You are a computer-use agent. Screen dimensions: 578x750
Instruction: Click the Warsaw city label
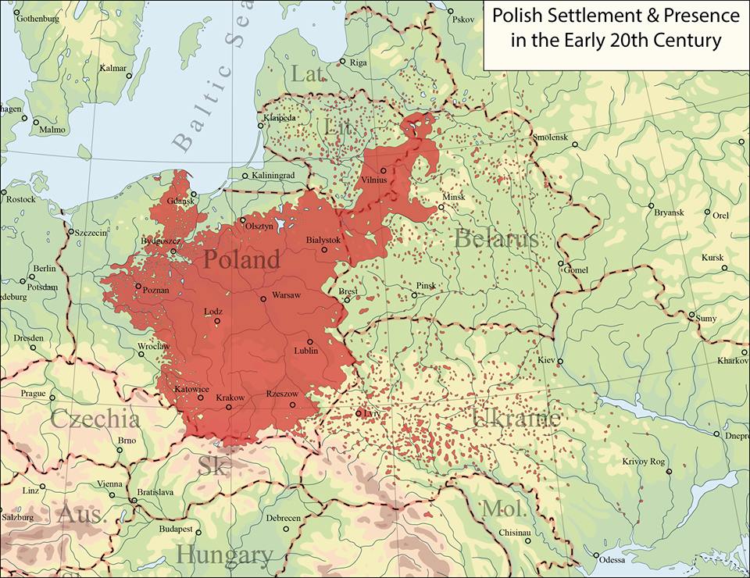coord(285,296)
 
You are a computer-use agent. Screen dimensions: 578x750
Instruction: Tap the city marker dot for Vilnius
coord(383,169)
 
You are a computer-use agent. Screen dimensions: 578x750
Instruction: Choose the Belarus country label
coord(497,238)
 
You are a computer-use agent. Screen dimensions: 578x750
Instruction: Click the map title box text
coord(615,28)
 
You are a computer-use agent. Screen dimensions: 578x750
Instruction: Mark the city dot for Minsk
coord(441,207)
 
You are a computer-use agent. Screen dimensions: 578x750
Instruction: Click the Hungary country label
coord(223,555)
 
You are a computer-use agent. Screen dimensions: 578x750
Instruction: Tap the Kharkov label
coord(733,361)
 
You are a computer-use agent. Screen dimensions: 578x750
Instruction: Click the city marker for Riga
coord(342,60)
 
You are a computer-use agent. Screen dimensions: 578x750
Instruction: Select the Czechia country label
coord(95,419)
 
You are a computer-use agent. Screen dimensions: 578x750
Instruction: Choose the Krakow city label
coord(230,398)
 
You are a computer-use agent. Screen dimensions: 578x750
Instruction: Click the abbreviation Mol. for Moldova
coord(505,509)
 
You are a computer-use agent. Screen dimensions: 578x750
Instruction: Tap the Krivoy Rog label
coord(641,462)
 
